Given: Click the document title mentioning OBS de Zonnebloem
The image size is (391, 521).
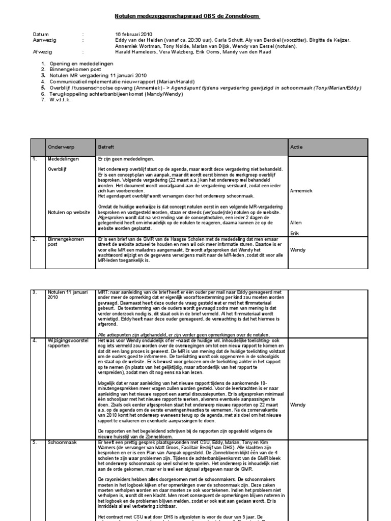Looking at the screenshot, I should (188, 16).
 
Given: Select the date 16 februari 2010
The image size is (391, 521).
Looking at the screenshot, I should (134, 34).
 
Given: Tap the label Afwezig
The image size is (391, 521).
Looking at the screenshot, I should (43, 51).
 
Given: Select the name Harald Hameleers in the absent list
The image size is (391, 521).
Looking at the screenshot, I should (134, 51).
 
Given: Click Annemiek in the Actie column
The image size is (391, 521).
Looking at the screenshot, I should (301, 191).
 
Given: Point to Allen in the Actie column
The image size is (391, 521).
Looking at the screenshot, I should (295, 222).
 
